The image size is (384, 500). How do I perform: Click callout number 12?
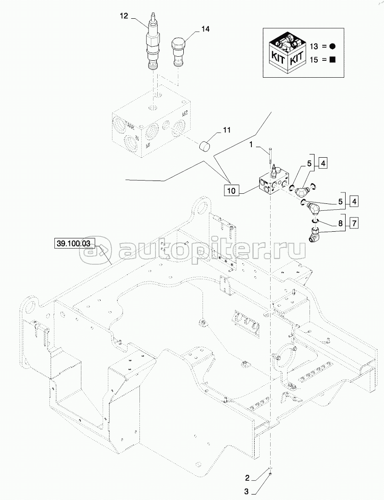[x=124, y=16]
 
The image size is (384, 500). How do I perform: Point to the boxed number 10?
[x=231, y=191]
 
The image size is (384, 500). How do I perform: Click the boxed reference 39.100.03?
[x=73, y=244]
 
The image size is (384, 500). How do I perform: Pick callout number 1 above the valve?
[x=251, y=145]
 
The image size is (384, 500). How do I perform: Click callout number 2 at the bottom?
[x=247, y=479]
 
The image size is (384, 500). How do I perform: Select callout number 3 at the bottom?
[x=247, y=492]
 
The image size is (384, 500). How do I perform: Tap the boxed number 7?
[x=354, y=223]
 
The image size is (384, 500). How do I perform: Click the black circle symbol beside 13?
[x=333, y=46]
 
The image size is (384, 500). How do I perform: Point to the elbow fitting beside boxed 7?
[x=313, y=235]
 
